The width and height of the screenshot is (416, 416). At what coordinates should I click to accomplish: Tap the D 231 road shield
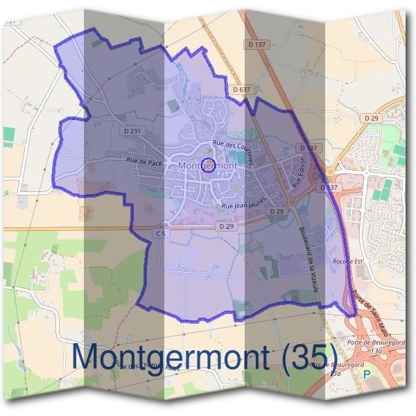click(131, 131)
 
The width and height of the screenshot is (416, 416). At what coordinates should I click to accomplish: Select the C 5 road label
click(161, 234)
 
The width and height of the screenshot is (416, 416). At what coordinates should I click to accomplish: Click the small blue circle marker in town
click(206, 164)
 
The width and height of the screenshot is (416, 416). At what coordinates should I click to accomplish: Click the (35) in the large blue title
click(306, 356)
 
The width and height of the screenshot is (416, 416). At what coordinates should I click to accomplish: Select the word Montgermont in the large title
click(172, 356)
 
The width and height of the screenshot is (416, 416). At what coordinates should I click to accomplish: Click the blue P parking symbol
click(367, 374)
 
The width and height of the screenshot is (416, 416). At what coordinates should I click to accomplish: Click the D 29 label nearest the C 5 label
click(225, 226)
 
